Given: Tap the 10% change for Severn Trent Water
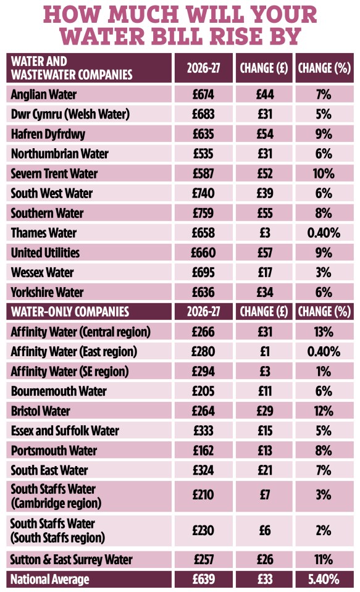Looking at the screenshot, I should click(323, 174).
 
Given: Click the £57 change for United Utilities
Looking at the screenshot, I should click(264, 253).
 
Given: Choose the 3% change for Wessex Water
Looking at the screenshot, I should click(323, 273).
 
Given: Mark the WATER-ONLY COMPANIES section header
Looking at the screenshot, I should click(70, 312).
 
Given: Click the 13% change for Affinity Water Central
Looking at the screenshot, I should click(323, 332).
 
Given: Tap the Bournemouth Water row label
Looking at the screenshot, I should click(58, 391).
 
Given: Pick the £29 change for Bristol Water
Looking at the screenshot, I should click(264, 411).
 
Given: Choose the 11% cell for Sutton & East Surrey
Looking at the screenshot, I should click(323, 560).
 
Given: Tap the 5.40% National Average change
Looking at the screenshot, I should click(323, 580).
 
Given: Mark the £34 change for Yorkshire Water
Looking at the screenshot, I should click(264, 293).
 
